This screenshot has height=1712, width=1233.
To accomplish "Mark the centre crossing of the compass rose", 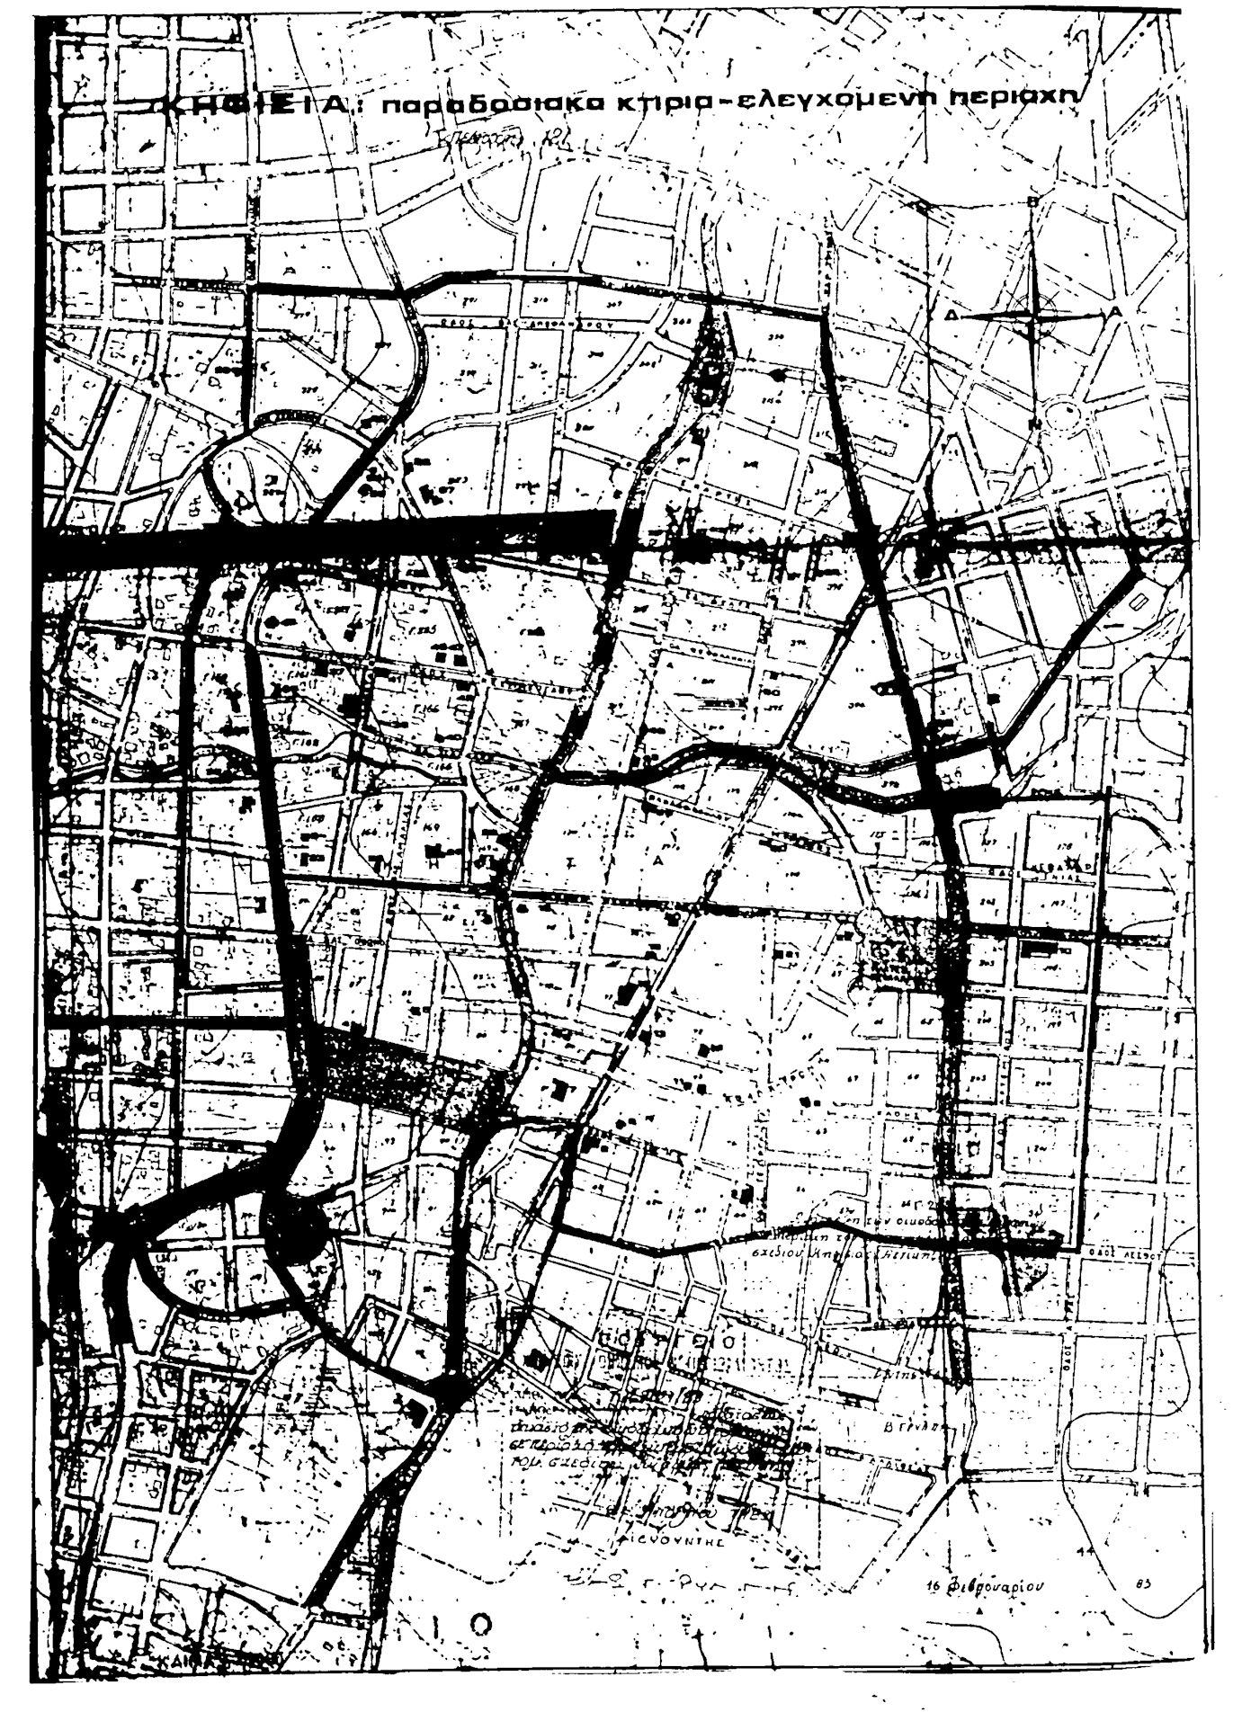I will (1034, 313).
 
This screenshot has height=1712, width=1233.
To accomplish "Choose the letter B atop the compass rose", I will (1033, 203).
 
